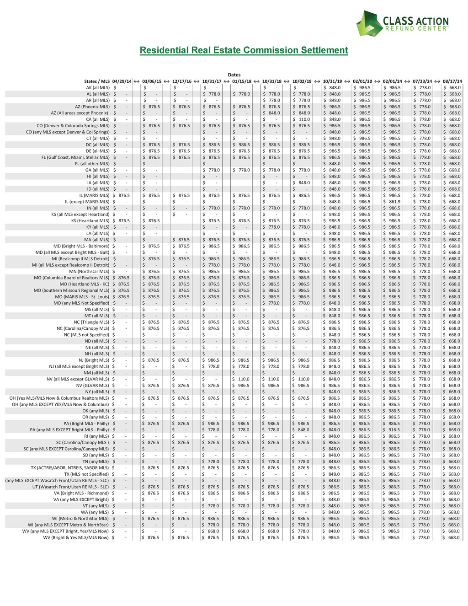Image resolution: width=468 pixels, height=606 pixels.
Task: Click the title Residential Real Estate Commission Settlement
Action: pyautogui.click(x=244, y=50)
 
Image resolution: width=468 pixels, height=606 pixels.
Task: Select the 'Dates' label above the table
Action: pyautogui.click(x=234, y=75)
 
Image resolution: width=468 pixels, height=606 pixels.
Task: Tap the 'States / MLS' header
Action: pyautogui.click(x=97, y=81)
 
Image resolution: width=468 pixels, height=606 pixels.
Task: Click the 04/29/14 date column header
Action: pyautogui.click(x=122, y=81)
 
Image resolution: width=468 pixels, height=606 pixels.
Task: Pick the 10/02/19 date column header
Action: pyautogui.click(x=302, y=81)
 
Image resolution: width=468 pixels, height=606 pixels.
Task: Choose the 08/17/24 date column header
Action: pyautogui.click(x=452, y=81)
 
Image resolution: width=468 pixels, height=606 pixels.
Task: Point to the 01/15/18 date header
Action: pyautogui.click(x=242, y=81)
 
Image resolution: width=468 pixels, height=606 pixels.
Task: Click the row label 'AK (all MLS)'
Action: pyautogui.click(x=98, y=88)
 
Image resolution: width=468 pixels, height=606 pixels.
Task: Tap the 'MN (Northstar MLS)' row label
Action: pyautogui.click(x=89, y=272)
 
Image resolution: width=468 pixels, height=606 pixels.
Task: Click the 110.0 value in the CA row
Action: pyautogui.click(x=304, y=119)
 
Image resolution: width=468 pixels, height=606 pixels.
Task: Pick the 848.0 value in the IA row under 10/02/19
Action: pyautogui.click(x=304, y=183)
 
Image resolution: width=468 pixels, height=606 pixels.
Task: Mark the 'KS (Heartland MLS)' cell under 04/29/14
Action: pyautogui.click(x=123, y=221)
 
